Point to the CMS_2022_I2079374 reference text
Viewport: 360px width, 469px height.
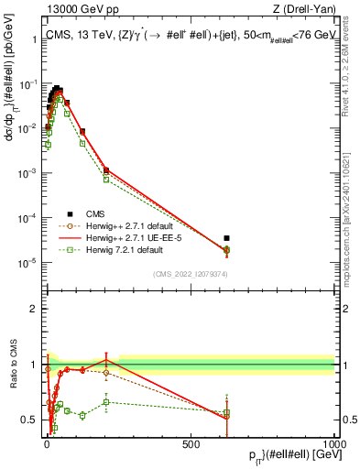click(x=191, y=272)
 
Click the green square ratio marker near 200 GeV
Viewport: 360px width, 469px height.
click(x=106, y=401)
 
